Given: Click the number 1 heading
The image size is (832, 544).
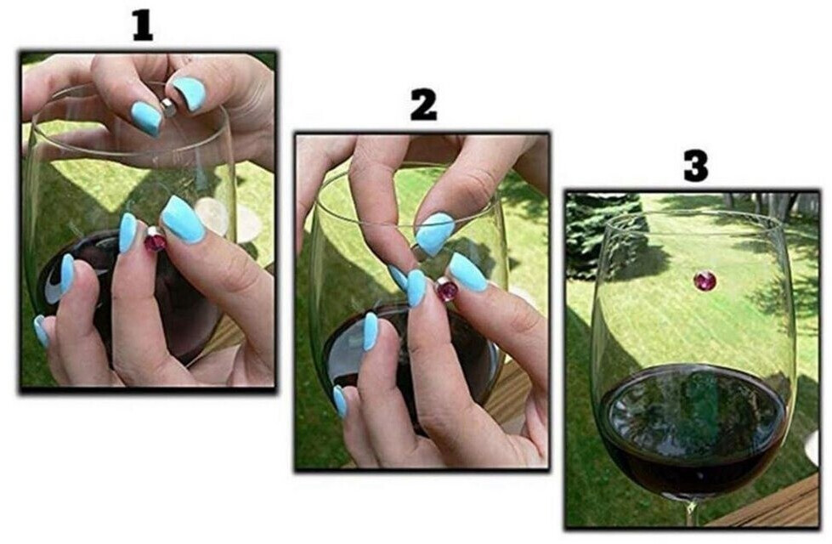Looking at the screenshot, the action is (x=143, y=25).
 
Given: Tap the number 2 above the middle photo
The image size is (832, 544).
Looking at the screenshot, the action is (x=423, y=105).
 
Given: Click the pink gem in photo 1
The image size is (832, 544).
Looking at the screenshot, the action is (x=156, y=242).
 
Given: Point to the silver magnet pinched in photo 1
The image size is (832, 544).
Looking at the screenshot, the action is (x=169, y=107).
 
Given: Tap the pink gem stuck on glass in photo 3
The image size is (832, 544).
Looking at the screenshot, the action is (x=705, y=280).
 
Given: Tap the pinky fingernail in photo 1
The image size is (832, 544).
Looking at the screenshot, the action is (x=40, y=331).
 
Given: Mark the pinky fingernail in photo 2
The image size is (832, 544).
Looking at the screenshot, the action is (x=340, y=401).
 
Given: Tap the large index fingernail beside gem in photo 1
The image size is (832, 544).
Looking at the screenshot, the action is (x=183, y=219).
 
